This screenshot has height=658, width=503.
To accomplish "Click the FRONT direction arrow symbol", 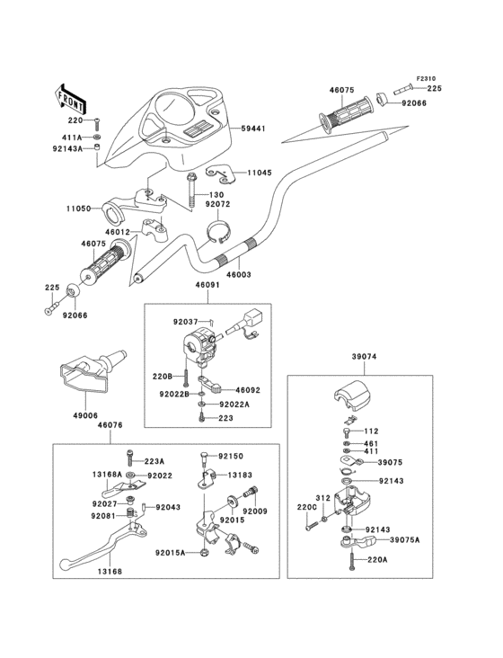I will click(x=72, y=94).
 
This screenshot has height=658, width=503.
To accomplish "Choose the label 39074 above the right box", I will click(x=364, y=357).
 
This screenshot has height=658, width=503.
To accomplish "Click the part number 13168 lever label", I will click(x=110, y=569).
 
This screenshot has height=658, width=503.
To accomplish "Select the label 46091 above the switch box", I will click(x=207, y=287).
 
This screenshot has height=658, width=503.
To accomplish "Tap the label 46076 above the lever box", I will click(x=110, y=424).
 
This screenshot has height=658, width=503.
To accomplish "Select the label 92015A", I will click(x=170, y=553).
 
